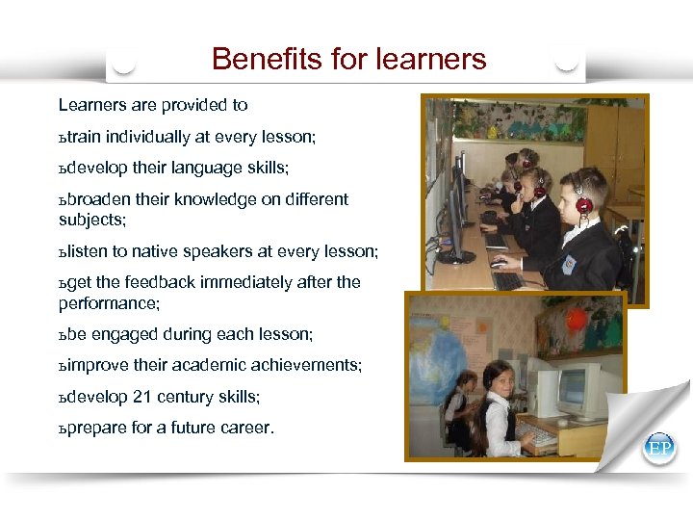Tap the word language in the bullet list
[x=204, y=169]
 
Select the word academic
[x=213, y=366]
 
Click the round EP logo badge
[x=660, y=448]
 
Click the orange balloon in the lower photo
[x=576, y=319]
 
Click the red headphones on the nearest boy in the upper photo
[x=584, y=204]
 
